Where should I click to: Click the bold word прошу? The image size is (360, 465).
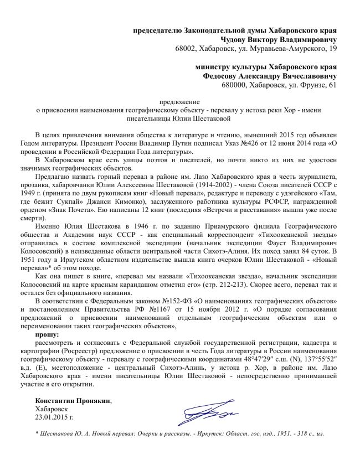pyautogui.click(x=46, y=335)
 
